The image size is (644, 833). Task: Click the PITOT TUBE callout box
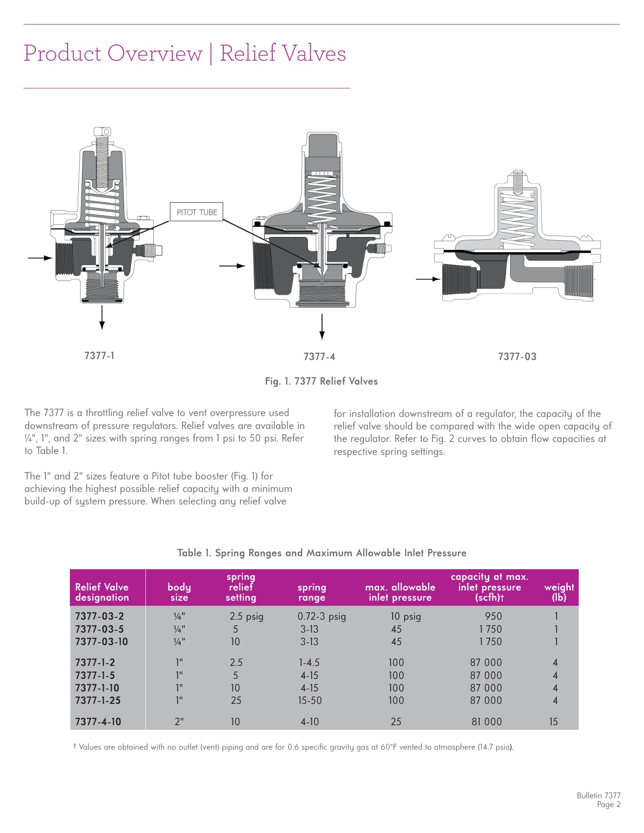197,212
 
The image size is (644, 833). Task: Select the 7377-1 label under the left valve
99,356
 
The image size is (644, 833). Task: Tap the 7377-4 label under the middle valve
319,357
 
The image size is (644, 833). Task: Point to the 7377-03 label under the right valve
517,357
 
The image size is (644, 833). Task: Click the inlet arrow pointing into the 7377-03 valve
427,279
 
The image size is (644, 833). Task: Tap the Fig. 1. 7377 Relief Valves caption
321,381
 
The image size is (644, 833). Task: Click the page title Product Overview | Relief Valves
185,53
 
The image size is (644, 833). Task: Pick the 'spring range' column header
312,592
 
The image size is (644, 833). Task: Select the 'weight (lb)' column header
559,592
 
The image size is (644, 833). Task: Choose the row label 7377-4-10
98,721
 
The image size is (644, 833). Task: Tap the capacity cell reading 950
493,616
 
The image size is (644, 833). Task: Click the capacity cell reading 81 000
487,721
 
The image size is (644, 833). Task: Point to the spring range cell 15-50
310,701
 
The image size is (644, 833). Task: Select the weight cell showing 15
553,721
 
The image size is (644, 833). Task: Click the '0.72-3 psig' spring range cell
321,616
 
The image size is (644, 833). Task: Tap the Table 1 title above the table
322,553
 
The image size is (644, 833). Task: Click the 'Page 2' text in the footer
608,805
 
